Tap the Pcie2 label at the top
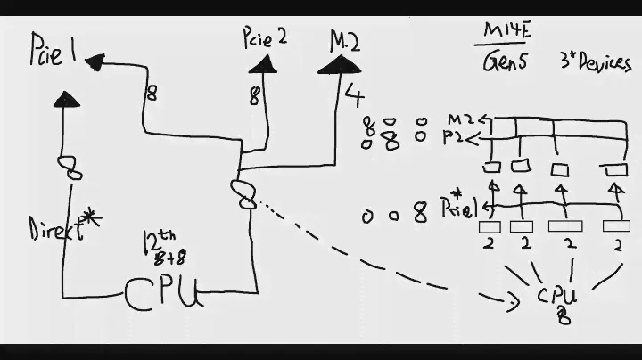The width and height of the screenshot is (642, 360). coord(264,37)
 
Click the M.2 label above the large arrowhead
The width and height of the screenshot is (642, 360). coord(344,40)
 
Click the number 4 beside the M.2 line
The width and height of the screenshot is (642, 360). coord(355,96)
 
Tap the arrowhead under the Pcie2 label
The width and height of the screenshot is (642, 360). coord(261,65)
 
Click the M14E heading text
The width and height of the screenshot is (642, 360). coord(505,32)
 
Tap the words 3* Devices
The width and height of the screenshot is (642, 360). coord(595,62)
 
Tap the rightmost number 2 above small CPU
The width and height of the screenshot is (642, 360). coord(617,242)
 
